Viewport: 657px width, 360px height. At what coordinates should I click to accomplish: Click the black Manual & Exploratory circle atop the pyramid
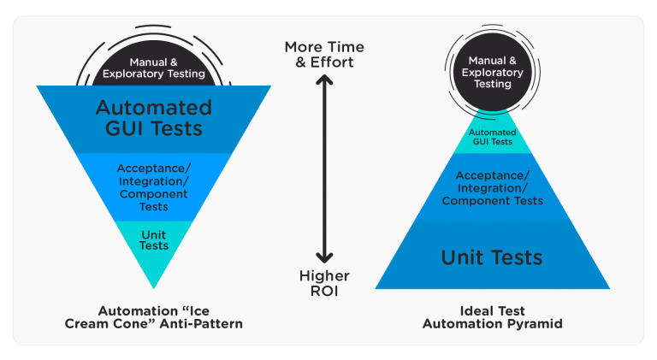tap(492, 73)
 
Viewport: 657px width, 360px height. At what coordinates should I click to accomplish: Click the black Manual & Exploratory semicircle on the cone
tap(155, 68)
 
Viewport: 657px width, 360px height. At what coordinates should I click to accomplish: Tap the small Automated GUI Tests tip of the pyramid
tap(492, 136)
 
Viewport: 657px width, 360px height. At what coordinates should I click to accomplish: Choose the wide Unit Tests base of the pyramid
tap(492, 257)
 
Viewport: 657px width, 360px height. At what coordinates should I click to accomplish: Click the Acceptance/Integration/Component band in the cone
tap(155, 186)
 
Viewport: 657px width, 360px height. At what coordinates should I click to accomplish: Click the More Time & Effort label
tap(324, 54)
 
